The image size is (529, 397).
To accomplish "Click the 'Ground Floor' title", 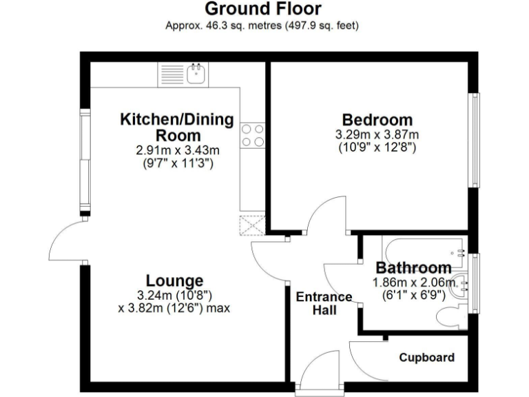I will point(262,9).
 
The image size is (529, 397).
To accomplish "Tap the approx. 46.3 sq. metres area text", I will point(262,26).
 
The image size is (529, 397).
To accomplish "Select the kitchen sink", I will point(197,72).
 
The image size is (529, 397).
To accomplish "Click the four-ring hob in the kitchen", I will point(253,134).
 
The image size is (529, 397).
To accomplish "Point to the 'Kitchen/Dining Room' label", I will point(178,127).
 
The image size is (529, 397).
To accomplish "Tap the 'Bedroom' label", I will point(377,120).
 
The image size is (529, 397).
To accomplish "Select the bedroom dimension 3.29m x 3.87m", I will point(377,134).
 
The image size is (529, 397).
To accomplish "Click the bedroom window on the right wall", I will point(474,139).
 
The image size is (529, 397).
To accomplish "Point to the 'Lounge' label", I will point(174,281).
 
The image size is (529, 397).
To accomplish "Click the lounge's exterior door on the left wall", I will point(68,241).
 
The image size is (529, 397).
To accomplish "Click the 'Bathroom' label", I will point(413,267).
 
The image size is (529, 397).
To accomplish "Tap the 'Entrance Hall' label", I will point(324,304).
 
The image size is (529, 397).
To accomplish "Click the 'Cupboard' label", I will point(427,358).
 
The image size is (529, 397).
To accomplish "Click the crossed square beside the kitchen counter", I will point(252,225).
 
